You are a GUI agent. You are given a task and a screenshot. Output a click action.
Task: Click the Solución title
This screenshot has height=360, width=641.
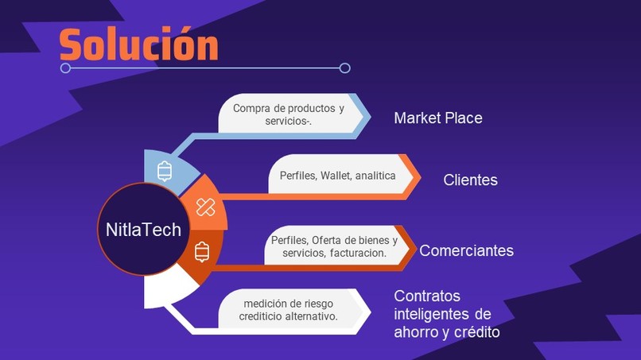[139, 45]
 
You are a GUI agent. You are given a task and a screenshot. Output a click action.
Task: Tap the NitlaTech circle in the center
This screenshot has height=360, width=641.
[144, 230]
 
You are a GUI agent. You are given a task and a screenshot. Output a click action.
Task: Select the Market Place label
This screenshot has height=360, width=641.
[438, 118]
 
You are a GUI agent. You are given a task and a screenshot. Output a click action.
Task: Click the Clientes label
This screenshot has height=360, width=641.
[470, 180]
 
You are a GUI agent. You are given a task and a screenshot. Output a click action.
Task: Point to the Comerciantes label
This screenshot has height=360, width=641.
[466, 251]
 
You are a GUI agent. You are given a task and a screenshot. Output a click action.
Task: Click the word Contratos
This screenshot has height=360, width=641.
[426, 296]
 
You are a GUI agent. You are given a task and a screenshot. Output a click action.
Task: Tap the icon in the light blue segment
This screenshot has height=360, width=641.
[165, 171]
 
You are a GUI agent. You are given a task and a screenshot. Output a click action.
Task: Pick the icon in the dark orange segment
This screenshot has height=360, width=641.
[202, 251]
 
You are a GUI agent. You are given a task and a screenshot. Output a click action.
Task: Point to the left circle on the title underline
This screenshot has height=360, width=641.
[66, 68]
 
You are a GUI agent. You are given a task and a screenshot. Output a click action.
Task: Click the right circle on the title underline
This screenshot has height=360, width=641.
[344, 68]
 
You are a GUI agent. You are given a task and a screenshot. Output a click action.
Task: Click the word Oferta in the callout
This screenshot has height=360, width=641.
[328, 240]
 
